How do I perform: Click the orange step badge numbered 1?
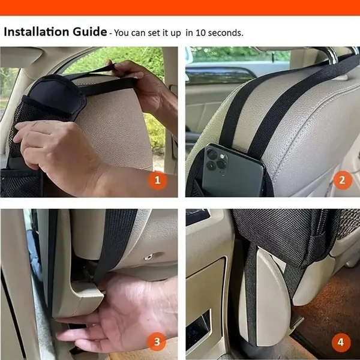point(157,179)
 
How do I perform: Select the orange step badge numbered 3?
point(157,342)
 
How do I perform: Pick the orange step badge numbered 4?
point(341,342)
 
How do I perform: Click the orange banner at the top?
point(180,7)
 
